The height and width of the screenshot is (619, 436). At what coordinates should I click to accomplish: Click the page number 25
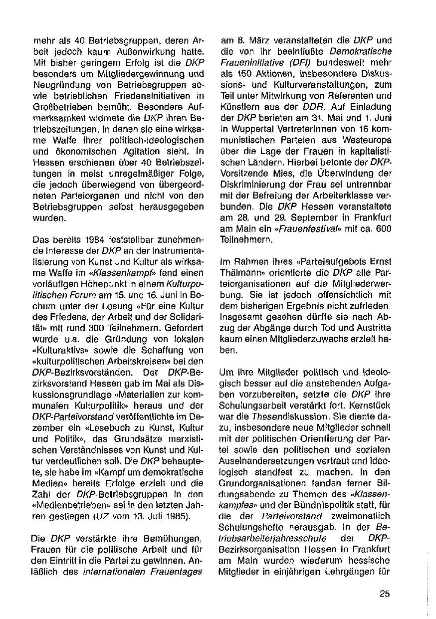(x=384, y=594)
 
